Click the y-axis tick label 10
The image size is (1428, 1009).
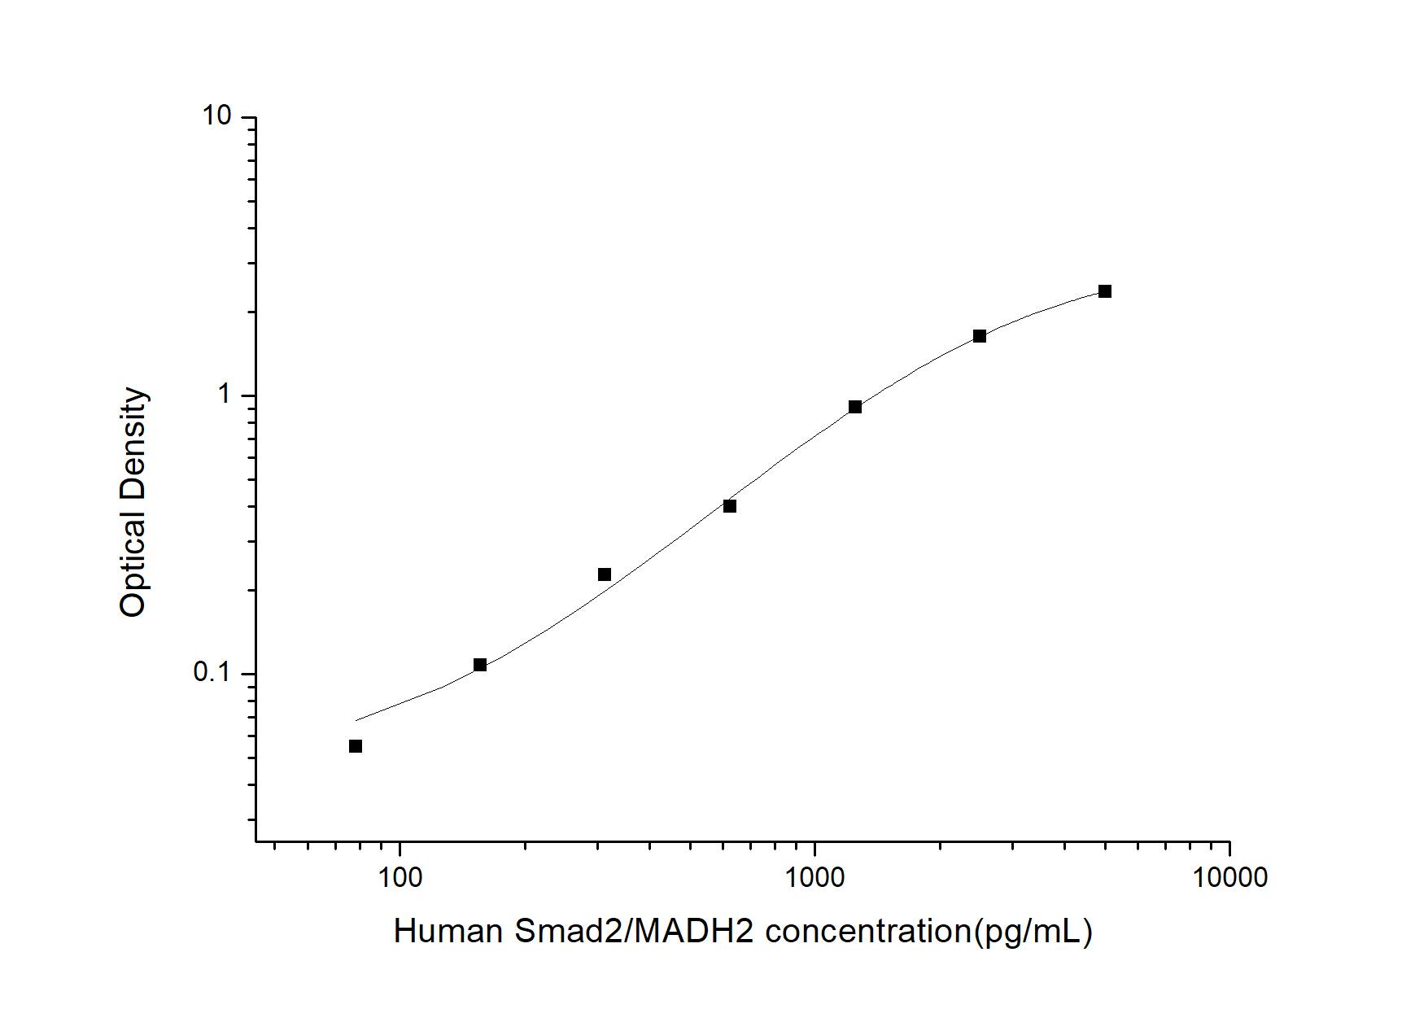pyautogui.click(x=217, y=117)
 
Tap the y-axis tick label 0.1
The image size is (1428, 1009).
pyautogui.click(x=212, y=673)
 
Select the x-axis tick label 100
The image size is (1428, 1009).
pyautogui.click(x=400, y=877)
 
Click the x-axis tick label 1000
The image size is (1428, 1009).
pyautogui.click(x=814, y=877)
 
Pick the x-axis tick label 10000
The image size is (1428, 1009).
pyautogui.click(x=1229, y=877)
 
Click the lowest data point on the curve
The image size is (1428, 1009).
pyautogui.click(x=356, y=746)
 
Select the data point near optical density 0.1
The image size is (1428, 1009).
pyautogui.click(x=480, y=665)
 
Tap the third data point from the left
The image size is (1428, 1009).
pyautogui.click(x=605, y=574)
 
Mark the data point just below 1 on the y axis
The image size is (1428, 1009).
pyautogui.click(x=855, y=407)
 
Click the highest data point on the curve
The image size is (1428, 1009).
pyautogui.click(x=1105, y=291)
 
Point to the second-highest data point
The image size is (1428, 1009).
pyautogui.click(x=980, y=336)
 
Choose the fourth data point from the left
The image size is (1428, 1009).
pyautogui.click(x=730, y=506)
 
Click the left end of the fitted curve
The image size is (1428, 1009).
pyautogui.click(x=356, y=720)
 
